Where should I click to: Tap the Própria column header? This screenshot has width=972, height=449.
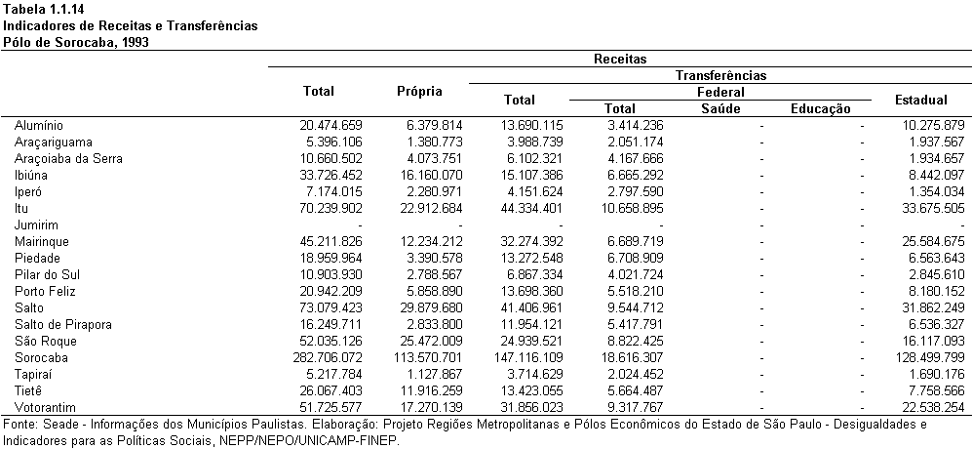point(419,92)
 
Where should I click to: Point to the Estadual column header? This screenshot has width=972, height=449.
point(920,100)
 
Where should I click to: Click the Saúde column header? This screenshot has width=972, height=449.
point(720,109)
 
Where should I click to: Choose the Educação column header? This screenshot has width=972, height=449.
point(821,109)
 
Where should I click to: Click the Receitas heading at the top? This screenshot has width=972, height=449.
point(620,59)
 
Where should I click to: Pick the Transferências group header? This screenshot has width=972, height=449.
point(720,76)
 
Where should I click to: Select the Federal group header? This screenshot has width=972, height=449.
point(720,93)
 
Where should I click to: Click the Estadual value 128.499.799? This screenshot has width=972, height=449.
point(928,357)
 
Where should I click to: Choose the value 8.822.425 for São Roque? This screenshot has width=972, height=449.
point(626,341)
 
